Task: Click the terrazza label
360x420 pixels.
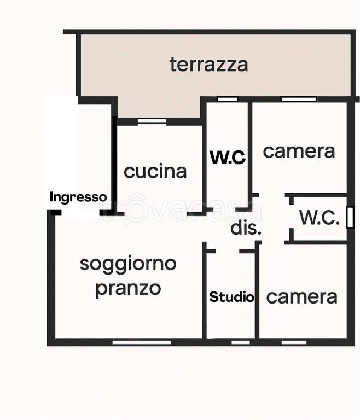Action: (208, 65)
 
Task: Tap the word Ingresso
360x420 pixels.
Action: (78, 197)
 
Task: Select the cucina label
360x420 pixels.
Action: (155, 171)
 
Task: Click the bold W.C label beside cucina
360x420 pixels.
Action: (228, 157)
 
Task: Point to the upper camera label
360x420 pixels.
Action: (299, 151)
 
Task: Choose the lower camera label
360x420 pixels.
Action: (301, 297)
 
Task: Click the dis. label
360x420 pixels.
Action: (246, 228)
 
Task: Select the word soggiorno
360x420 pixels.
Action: (128, 264)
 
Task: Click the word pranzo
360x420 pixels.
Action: (128, 288)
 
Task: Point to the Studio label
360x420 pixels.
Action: (231, 297)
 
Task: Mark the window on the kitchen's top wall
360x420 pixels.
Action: (152, 121)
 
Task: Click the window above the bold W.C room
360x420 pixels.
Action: (227, 100)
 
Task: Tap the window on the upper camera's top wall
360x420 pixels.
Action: (299, 100)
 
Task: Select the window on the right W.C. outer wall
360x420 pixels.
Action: (350, 217)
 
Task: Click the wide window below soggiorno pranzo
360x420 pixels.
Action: (142, 342)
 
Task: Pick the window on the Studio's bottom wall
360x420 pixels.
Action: (240, 342)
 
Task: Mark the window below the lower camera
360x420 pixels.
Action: (294, 342)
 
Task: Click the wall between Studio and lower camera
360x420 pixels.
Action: (257, 295)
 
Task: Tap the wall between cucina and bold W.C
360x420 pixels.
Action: (205, 159)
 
